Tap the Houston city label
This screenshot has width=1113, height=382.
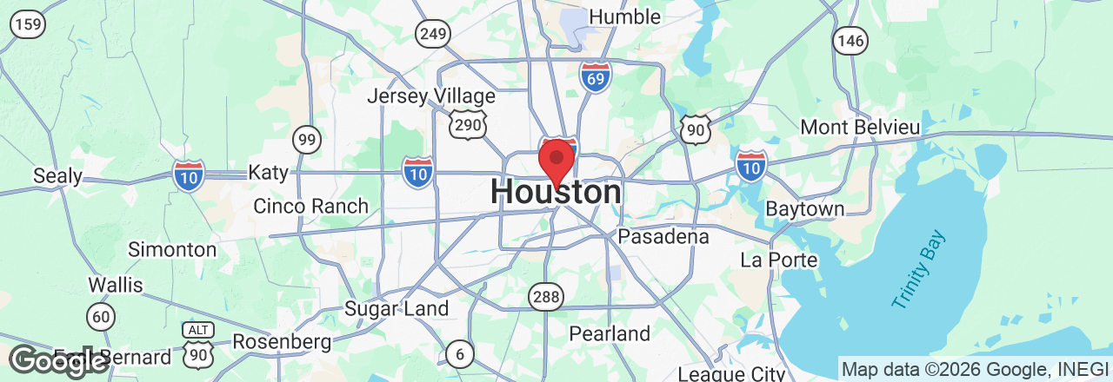click(556, 193)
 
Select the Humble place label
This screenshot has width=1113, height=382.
click(624, 16)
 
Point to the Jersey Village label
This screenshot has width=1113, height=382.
click(430, 96)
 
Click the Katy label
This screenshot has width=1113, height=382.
click(268, 172)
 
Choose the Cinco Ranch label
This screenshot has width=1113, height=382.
click(310, 207)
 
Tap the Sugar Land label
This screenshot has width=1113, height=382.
click(397, 308)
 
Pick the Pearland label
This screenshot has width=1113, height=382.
click(610, 333)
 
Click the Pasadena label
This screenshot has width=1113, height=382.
click(663, 236)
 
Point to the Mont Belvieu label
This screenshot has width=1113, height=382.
click(860, 127)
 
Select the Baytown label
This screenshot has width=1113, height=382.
click(805, 209)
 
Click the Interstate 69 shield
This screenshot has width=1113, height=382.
click(595, 76)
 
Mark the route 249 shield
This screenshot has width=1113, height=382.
click(432, 34)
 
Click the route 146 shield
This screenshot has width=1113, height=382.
click(849, 39)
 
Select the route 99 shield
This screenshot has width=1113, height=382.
click(306, 139)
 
